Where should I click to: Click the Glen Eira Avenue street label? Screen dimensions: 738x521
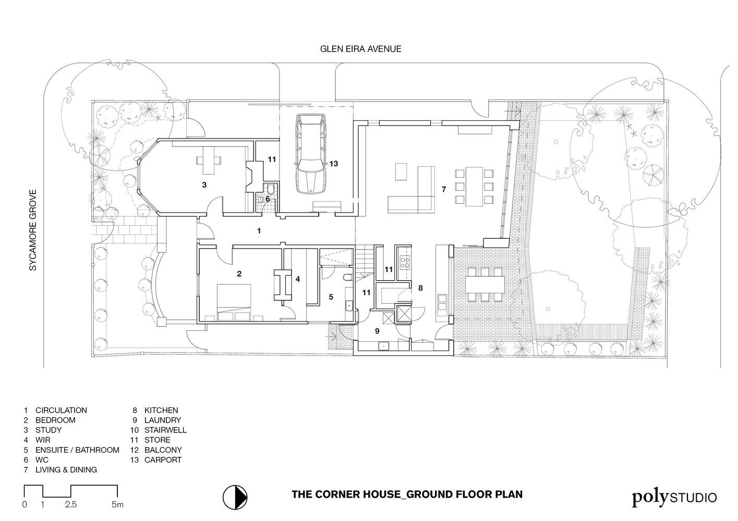360,49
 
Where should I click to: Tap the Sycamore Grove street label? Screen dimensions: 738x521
33,230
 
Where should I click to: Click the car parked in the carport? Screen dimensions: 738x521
311,154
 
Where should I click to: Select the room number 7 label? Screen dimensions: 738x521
444,189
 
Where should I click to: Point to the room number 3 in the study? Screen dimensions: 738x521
204,185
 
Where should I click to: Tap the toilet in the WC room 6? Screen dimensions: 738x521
271,189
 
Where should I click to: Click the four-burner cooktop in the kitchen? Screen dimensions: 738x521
405,262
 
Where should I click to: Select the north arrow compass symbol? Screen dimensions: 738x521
235,498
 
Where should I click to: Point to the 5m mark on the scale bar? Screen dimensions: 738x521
118,504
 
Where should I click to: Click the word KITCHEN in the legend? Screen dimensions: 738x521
161,411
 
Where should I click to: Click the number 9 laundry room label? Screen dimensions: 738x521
377,331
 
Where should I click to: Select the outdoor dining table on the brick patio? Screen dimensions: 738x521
485,284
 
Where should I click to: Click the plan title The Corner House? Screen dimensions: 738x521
407,494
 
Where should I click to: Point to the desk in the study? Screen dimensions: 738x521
209,160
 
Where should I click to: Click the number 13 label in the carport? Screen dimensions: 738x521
333,164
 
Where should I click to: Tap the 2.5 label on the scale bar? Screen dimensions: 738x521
71,504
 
